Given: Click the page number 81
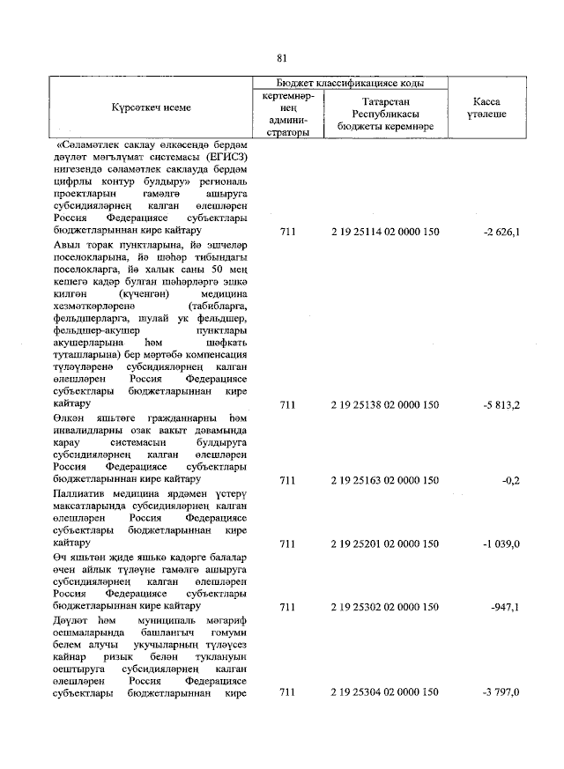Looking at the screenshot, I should point(282,58).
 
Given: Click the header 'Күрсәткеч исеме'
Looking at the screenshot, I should point(151,107).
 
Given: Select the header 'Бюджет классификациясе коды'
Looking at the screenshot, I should point(350,83).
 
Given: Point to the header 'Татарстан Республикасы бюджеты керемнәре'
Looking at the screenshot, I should point(384,114).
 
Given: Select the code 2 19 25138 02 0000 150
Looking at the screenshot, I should point(384,405).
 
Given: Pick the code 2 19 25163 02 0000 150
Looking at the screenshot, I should point(384,480).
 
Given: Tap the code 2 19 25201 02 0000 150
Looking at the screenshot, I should point(384,543).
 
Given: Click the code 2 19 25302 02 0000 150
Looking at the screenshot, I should point(384,606).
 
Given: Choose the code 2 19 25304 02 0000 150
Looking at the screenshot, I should point(384,692).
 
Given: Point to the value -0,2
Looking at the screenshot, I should point(510,480).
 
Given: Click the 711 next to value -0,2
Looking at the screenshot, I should point(286,480).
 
